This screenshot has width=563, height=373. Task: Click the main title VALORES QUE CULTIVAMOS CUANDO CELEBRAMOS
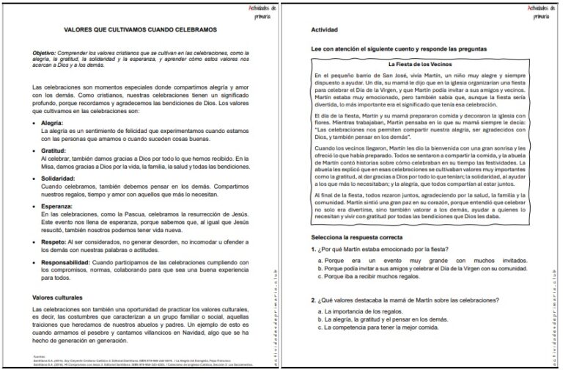(140, 29)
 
